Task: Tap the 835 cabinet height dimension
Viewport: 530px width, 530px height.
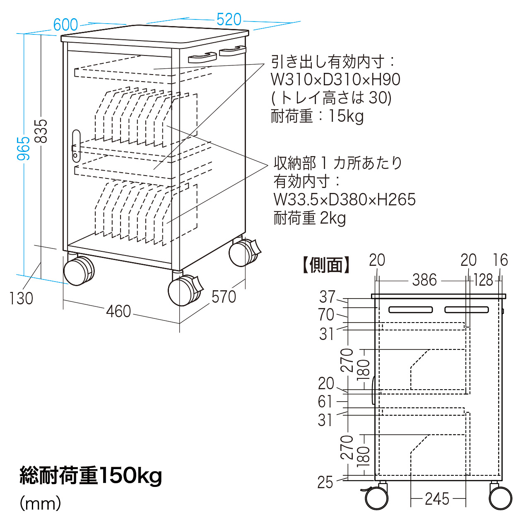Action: (x=41, y=131)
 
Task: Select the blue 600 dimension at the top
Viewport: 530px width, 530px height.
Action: (x=66, y=25)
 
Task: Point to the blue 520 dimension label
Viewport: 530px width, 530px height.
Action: (x=229, y=19)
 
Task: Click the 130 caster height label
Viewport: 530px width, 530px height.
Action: (x=21, y=299)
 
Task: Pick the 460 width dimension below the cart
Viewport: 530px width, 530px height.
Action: (x=118, y=312)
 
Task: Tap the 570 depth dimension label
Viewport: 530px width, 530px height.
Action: (x=224, y=297)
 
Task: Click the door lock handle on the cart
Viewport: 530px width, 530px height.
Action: (x=76, y=146)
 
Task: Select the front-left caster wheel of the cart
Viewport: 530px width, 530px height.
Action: (x=79, y=271)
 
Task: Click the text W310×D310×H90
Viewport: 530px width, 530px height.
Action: (x=335, y=79)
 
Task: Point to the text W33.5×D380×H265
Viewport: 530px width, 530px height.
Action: (x=344, y=200)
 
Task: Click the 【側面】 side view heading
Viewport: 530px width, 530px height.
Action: (x=326, y=265)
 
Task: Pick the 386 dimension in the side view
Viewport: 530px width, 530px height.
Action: (x=424, y=280)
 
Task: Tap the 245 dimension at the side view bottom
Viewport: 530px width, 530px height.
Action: (x=437, y=499)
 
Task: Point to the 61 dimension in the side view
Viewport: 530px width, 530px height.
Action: (x=325, y=402)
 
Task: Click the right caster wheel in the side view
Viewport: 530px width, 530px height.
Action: (x=501, y=498)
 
